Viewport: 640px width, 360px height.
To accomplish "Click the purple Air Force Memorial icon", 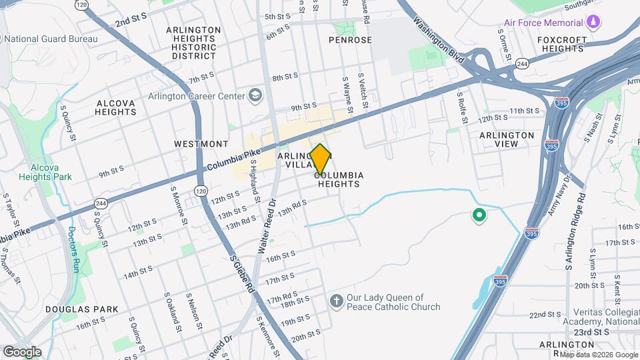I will tap(593, 23).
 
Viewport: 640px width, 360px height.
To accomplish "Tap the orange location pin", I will tap(321, 159).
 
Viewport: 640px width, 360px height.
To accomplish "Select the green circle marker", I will tap(478, 215).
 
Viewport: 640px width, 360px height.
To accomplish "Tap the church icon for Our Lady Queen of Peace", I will tap(335, 302).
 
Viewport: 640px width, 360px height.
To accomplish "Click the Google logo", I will tap(22, 351).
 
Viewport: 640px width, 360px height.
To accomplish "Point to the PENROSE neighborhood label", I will tap(350, 40).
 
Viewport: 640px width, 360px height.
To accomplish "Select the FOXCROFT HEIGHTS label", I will tap(561, 44).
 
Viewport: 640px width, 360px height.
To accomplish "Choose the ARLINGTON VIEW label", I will tap(507, 140).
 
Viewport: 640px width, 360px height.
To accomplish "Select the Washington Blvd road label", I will tap(438, 39).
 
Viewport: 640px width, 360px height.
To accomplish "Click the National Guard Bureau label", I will tap(54, 39).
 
